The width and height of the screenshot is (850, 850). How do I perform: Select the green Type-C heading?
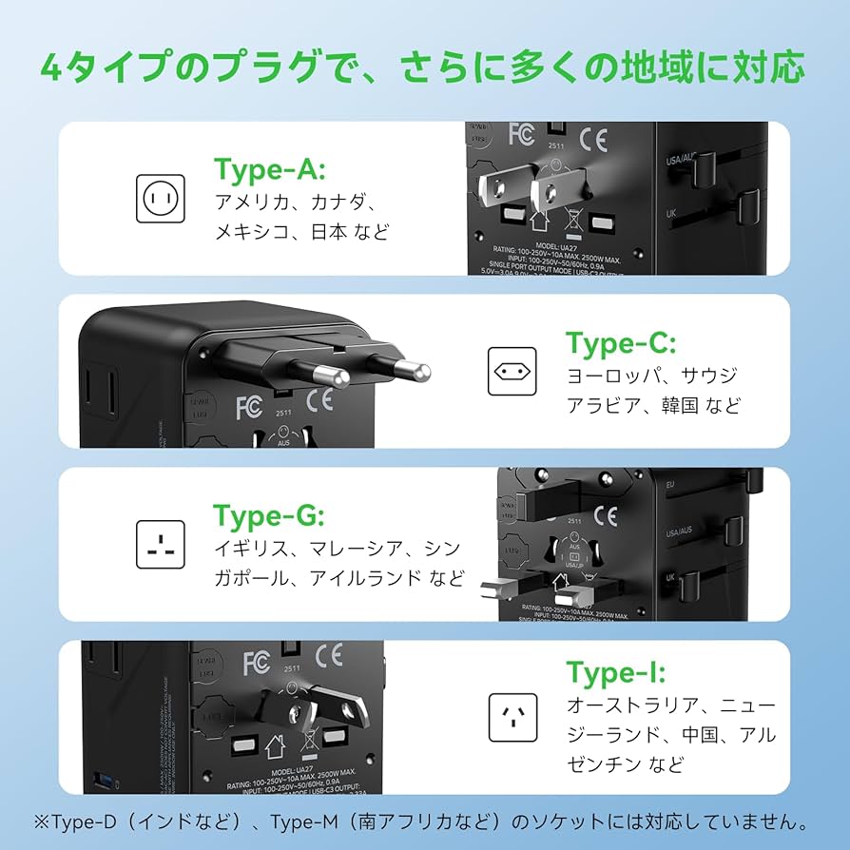pyautogui.click(x=621, y=342)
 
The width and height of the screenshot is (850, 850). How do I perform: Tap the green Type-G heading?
pyautogui.click(x=270, y=516)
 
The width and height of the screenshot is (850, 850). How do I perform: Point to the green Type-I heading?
pyautogui.click(x=616, y=672)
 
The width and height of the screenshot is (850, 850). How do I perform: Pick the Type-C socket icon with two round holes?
pyautogui.click(x=512, y=371)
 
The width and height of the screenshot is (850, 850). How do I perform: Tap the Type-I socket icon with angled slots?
pyautogui.click(x=512, y=717)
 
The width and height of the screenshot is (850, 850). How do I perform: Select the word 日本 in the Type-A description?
pyautogui.click(x=331, y=231)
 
